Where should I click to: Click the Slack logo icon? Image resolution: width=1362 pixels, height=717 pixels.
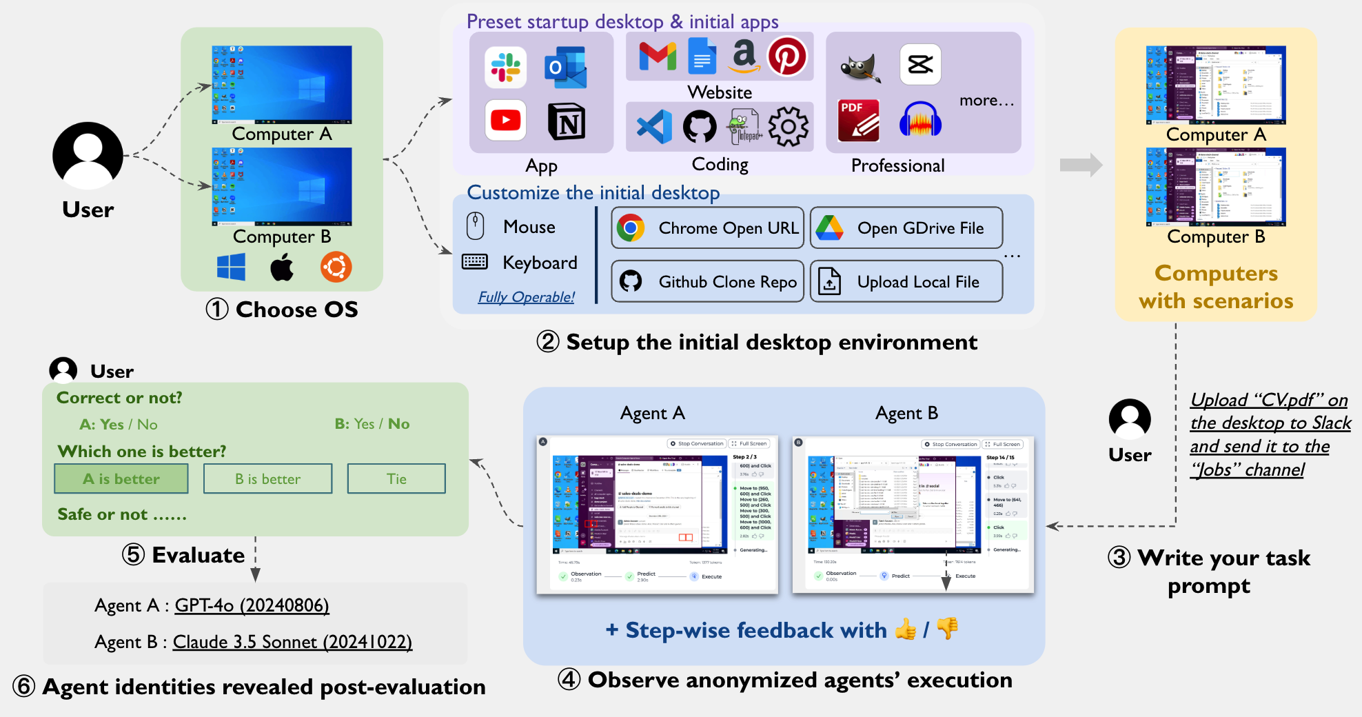(x=505, y=67)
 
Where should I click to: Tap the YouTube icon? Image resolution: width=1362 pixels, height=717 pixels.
(x=505, y=120)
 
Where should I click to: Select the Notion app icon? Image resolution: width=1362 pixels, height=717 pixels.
(x=567, y=121)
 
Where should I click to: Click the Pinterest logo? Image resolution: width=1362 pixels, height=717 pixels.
(x=787, y=56)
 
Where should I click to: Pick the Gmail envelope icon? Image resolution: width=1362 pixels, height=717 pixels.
(x=658, y=56)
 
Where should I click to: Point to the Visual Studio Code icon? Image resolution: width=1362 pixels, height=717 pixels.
(x=654, y=127)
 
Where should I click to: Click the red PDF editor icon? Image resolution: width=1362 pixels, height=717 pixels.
(x=858, y=121)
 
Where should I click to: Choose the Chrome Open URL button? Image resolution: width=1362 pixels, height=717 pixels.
(x=708, y=228)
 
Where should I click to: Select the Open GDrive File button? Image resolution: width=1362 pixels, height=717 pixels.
(x=906, y=228)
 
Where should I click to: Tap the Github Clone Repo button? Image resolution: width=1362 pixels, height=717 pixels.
(x=708, y=281)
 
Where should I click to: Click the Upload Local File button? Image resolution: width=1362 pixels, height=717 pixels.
(x=906, y=281)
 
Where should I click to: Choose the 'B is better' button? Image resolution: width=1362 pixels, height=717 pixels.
(x=267, y=478)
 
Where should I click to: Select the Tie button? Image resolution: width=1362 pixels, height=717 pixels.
(x=396, y=478)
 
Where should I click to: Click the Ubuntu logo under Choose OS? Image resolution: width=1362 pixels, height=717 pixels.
(x=336, y=267)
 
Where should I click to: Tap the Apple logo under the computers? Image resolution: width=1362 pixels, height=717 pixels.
(x=282, y=267)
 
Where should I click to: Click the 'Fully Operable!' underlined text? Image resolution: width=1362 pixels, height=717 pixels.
(x=527, y=297)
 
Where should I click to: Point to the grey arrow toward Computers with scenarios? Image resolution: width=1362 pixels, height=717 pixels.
(x=1081, y=165)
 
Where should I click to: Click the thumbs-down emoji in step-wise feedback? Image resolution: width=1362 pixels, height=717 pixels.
(x=948, y=628)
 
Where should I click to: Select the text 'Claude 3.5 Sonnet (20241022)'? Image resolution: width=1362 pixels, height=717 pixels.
(x=292, y=642)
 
